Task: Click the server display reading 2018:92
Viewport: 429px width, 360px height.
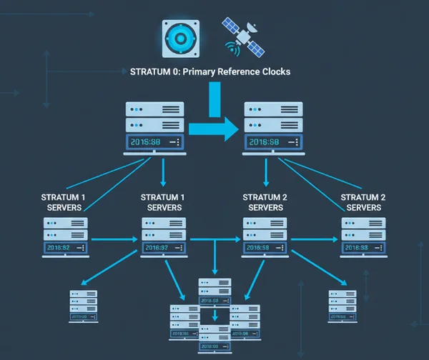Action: [x=65, y=247]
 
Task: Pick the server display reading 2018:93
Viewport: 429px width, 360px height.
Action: [x=364, y=247]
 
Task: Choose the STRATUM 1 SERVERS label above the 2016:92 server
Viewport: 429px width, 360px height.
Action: [x=164, y=202]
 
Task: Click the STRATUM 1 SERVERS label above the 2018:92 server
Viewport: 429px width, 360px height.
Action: [x=64, y=202]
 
